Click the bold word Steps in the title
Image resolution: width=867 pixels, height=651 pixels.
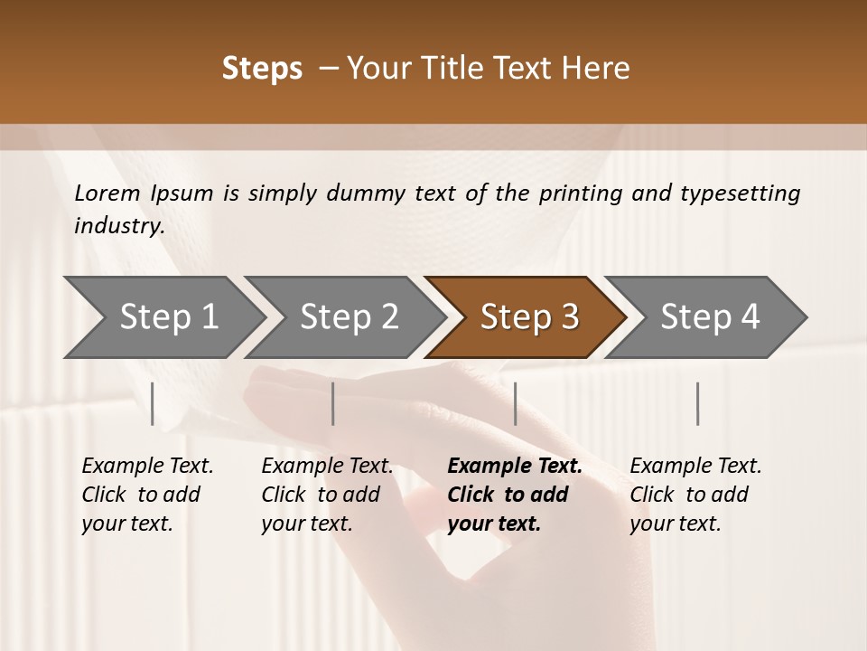(x=262, y=69)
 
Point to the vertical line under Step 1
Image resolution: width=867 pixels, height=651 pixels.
(x=153, y=403)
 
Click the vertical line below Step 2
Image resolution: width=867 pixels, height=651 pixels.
(x=333, y=403)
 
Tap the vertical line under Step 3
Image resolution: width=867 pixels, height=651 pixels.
(x=515, y=403)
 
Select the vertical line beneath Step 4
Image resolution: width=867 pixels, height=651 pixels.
(x=697, y=403)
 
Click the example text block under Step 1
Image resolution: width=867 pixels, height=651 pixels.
(x=147, y=495)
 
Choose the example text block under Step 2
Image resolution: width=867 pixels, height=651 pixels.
(x=327, y=495)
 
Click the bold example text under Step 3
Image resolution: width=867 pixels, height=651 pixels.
(x=515, y=495)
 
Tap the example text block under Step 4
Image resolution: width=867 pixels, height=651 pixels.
(x=695, y=495)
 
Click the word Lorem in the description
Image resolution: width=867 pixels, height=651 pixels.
(x=107, y=193)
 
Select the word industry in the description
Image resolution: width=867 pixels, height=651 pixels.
(x=119, y=226)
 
